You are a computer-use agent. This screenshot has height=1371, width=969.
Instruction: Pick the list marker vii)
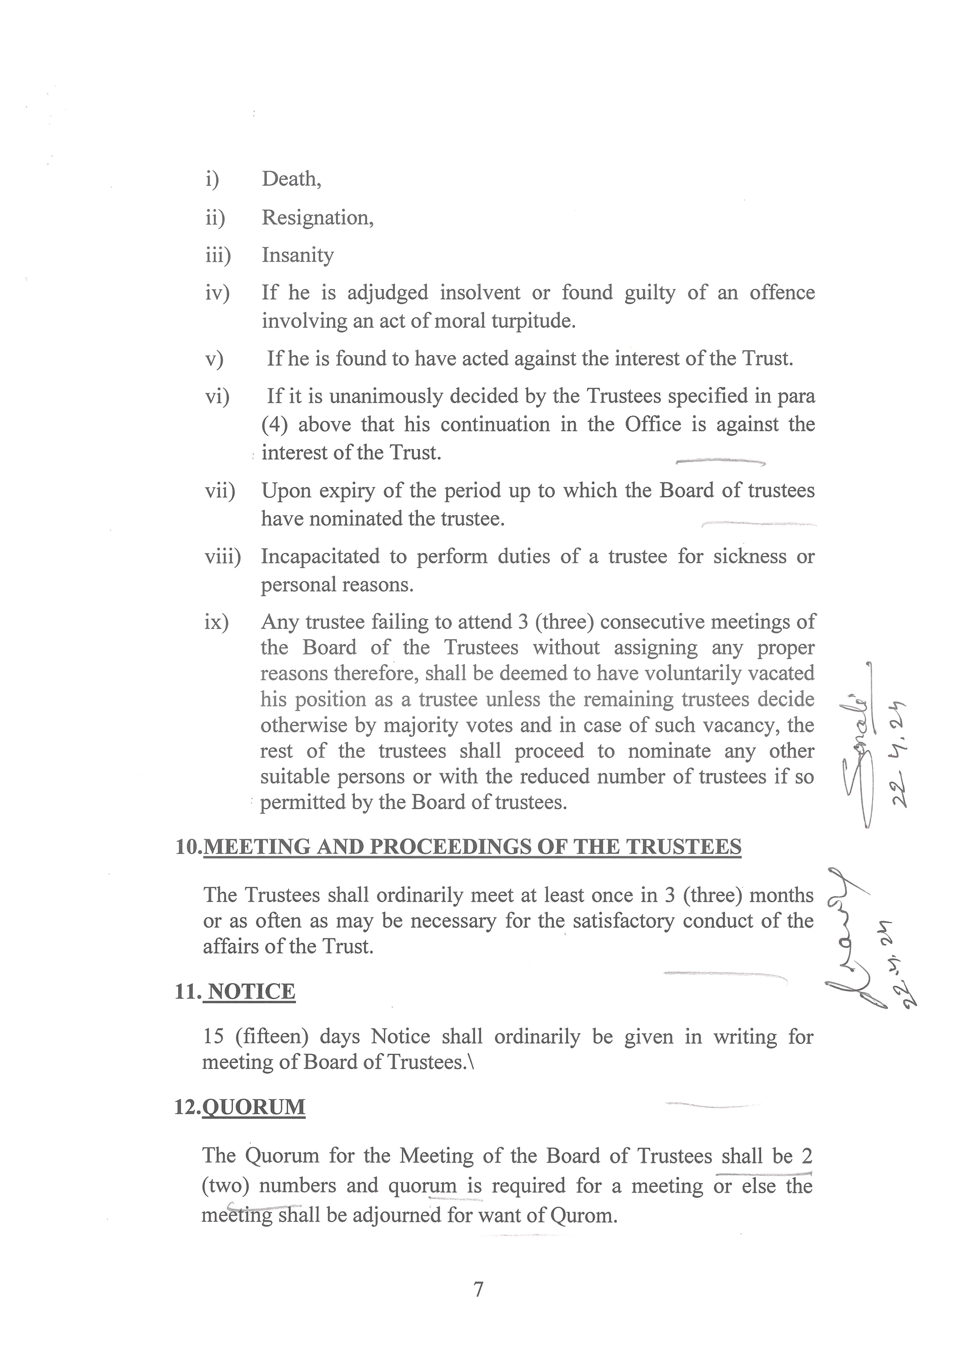(220, 491)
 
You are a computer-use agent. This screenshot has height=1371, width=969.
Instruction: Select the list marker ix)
(216, 622)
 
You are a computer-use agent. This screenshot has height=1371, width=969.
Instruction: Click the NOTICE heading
(252, 992)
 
